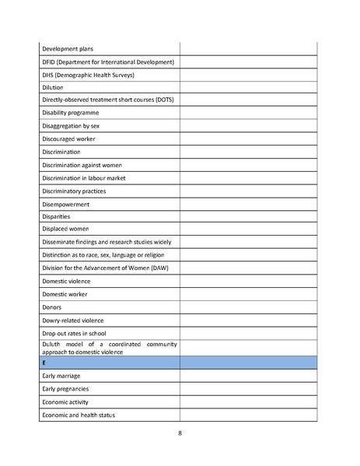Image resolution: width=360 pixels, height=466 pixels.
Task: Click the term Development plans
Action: point(68,49)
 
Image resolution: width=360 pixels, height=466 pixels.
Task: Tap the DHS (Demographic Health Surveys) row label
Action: point(88,75)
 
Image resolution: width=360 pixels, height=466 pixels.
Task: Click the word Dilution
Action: point(53,88)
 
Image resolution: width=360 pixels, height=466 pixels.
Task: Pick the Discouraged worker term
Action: point(69,138)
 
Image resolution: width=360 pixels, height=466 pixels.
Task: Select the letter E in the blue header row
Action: point(44,363)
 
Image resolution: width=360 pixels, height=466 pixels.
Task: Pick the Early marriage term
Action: point(61,376)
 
